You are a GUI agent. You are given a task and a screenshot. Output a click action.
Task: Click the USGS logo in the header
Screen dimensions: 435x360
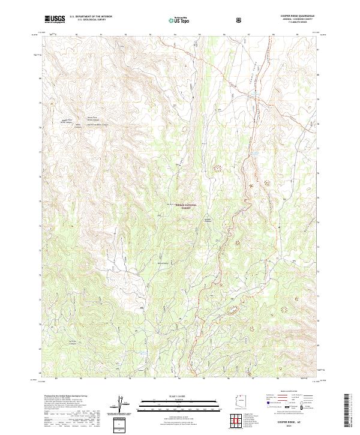(x=55, y=19)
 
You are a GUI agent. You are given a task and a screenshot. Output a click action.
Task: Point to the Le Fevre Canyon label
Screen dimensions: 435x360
(x=73, y=342)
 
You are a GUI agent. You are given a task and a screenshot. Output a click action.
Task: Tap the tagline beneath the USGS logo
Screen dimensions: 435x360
(x=54, y=22)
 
